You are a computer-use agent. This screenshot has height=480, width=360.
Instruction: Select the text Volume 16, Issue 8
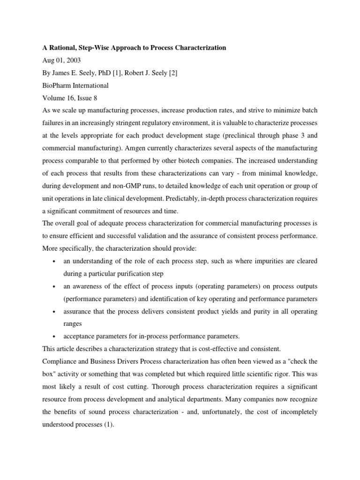click(69, 98)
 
